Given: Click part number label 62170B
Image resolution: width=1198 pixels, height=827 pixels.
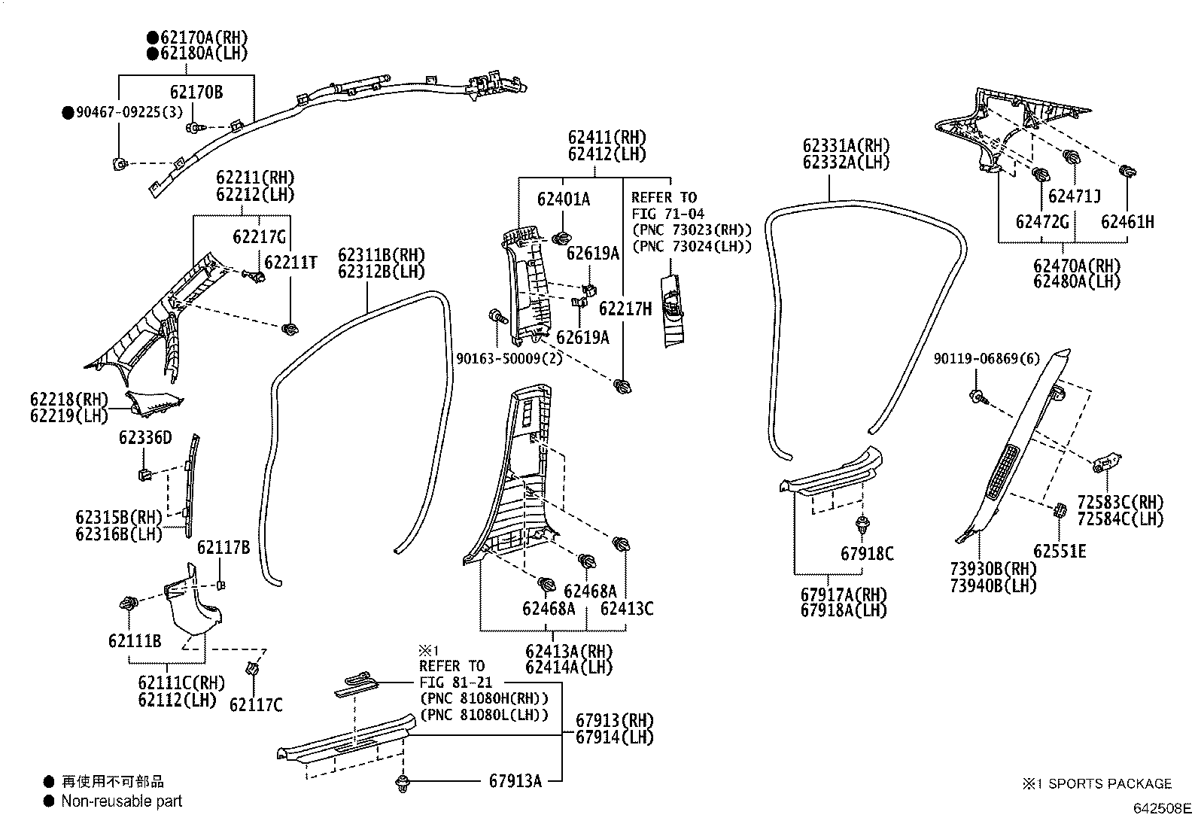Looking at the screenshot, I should point(196,93).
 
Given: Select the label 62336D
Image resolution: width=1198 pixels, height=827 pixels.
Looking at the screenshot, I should point(144,437).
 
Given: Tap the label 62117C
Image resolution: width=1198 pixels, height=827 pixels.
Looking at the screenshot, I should point(256,704).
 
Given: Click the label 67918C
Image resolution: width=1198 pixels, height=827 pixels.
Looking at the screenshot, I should point(866,554).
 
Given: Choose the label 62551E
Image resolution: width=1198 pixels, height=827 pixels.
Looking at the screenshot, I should point(1059,552).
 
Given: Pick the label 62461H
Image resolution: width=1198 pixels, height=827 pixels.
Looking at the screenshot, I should point(1127,221).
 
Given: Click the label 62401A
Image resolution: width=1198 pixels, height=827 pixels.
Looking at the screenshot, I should point(563,199).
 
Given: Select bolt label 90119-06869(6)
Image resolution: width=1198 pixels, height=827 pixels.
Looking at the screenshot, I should point(986,360).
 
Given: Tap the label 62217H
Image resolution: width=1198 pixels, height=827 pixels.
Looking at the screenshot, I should point(625,309).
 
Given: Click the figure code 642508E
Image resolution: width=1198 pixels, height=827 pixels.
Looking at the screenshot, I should point(1163,809).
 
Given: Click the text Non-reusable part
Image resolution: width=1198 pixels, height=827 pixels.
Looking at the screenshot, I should point(122,801).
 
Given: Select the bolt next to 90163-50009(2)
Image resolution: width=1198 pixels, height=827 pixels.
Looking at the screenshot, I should point(495,317).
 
